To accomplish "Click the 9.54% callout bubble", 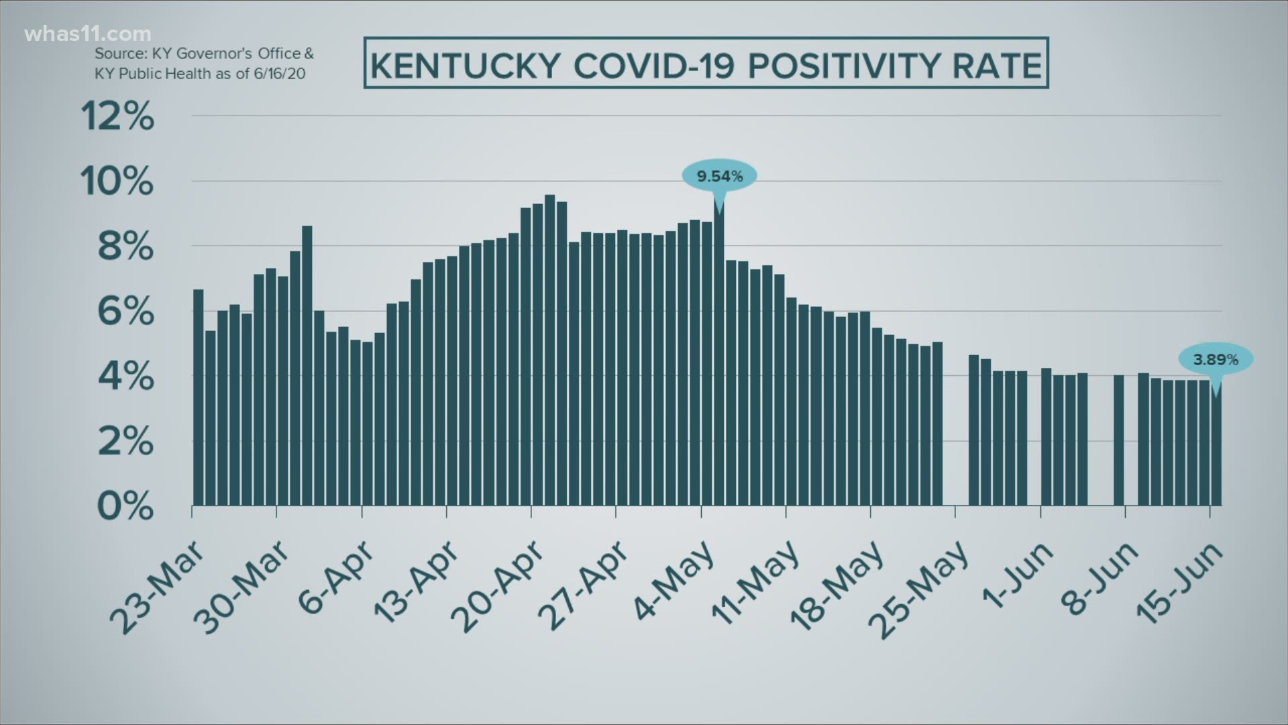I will pyautogui.click(x=719, y=177).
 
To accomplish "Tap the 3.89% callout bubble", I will pyautogui.click(x=1216, y=360).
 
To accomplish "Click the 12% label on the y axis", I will pyautogui.click(x=117, y=117).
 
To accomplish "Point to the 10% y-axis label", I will pyautogui.click(x=117, y=181).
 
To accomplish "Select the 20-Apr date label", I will pyautogui.click(x=498, y=587).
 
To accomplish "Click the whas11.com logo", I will pyautogui.click(x=87, y=34).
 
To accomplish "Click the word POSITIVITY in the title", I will pyautogui.click(x=830, y=66).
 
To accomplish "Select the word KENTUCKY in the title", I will pyautogui.click(x=465, y=66).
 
